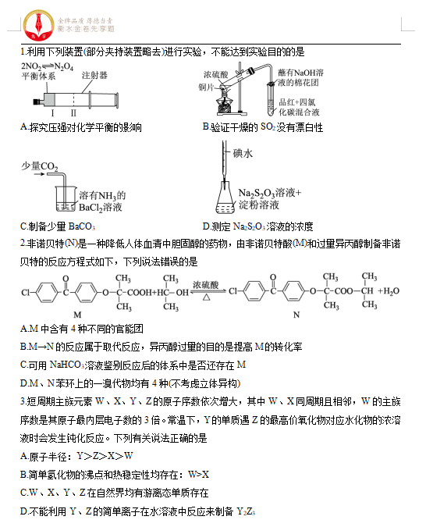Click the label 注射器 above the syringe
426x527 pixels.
coord(94,76)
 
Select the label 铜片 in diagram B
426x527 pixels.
coord(206,87)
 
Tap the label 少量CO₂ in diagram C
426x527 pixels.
coord(40,166)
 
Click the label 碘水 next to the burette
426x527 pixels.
coord(243,155)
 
